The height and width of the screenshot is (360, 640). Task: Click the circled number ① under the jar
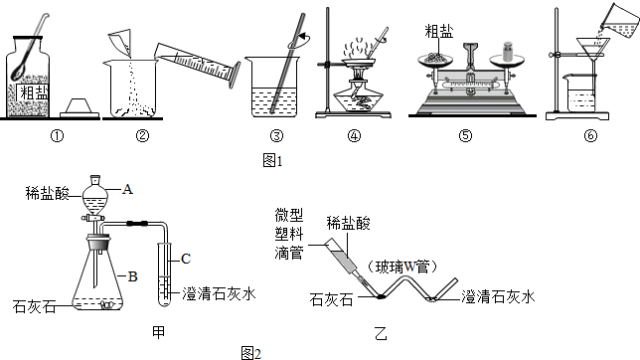pyautogui.click(x=58, y=135)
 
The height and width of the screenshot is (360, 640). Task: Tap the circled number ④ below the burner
pyautogui.click(x=354, y=135)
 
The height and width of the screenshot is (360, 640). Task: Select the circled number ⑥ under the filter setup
pyautogui.click(x=590, y=135)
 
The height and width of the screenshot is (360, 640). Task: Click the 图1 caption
pyautogui.click(x=272, y=161)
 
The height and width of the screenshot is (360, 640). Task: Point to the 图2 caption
pyautogui.click(x=251, y=353)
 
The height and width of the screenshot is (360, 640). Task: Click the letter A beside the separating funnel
pyautogui.click(x=127, y=189)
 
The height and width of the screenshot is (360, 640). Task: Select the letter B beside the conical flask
pyautogui.click(x=132, y=276)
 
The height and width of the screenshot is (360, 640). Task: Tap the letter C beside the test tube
pyautogui.click(x=186, y=259)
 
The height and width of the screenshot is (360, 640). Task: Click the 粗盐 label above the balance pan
pyautogui.click(x=439, y=32)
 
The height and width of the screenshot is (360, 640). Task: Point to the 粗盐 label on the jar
pyautogui.click(x=34, y=92)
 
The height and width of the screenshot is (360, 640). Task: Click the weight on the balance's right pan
pyautogui.click(x=508, y=51)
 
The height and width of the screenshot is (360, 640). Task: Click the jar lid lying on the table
pyautogui.click(x=80, y=108)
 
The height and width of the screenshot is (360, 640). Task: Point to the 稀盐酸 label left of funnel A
pyautogui.click(x=48, y=193)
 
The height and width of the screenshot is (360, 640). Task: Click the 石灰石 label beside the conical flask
pyautogui.click(x=34, y=306)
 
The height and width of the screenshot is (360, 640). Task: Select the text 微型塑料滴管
pyautogui.click(x=289, y=234)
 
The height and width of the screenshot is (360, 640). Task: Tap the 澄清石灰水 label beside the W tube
pyautogui.click(x=498, y=297)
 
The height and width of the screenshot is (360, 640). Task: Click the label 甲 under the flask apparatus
pyautogui.click(x=158, y=332)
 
